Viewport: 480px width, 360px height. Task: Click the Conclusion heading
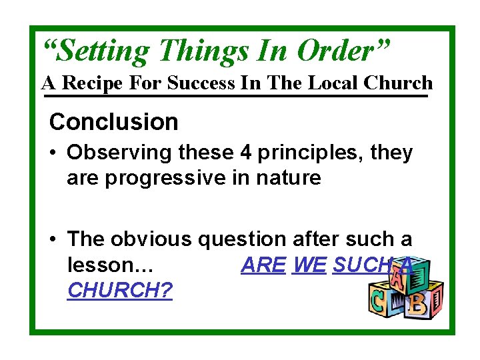pyautogui.click(x=114, y=122)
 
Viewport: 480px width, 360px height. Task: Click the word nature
pyautogui.click(x=289, y=178)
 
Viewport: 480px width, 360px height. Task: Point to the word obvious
pyautogui.click(x=147, y=239)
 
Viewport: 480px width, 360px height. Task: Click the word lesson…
pyautogui.click(x=111, y=265)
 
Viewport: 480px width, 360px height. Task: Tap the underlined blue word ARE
pyautogui.click(x=263, y=265)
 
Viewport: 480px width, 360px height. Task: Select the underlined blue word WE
pyautogui.click(x=309, y=265)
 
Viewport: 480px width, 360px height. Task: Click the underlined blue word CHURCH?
pyautogui.click(x=120, y=290)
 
